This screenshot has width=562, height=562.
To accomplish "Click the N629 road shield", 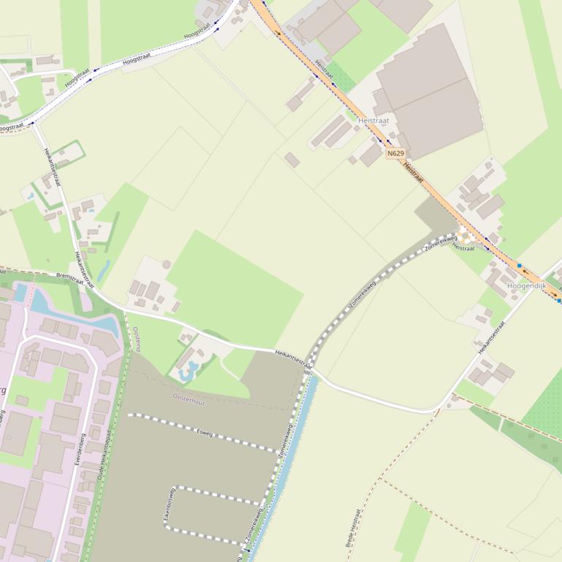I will [x=395, y=153].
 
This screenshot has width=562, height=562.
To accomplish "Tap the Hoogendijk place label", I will [x=526, y=286].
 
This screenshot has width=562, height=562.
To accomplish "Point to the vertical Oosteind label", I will [x=136, y=339].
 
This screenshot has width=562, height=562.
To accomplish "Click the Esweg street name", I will [x=204, y=433].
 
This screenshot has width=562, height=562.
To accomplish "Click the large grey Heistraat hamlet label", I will [x=374, y=120].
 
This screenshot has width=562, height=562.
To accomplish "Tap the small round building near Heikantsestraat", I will [x=166, y=264].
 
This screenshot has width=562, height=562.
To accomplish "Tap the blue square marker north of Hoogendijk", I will [x=519, y=265].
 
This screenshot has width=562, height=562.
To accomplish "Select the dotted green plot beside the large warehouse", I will [x=340, y=76].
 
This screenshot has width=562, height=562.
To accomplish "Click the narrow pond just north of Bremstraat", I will [x=102, y=271].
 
